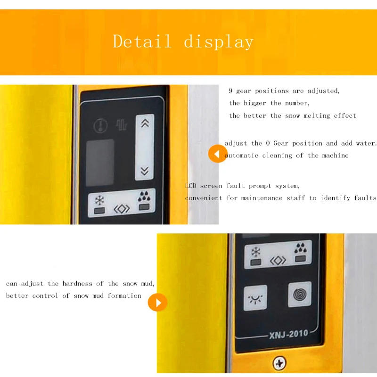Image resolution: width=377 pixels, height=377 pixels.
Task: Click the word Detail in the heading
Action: [x=142, y=41]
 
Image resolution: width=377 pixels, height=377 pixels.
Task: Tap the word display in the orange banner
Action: [x=219, y=42]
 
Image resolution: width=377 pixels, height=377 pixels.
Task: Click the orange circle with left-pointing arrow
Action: [x=218, y=153]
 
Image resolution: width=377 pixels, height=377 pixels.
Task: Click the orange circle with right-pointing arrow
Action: [x=158, y=302]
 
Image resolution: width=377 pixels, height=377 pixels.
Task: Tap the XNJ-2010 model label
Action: [x=288, y=334]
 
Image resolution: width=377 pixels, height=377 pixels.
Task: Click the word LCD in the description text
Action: [x=191, y=186]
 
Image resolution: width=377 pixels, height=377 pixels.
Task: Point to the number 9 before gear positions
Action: [x=230, y=90]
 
